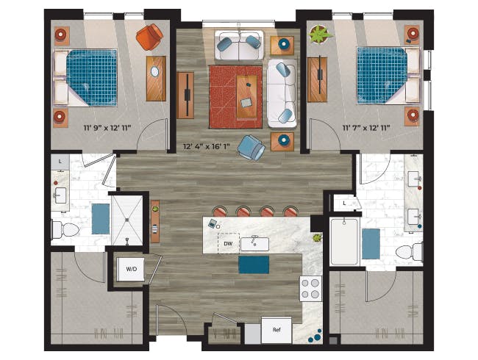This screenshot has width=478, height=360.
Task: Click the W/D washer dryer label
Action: pyautogui.click(x=132, y=269)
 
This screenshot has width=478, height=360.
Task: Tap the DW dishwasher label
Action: pyautogui.click(x=228, y=243)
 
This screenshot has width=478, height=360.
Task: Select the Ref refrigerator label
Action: pyautogui.click(x=277, y=330)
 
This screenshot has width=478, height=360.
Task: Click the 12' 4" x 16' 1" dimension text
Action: pyautogui.click(x=206, y=146)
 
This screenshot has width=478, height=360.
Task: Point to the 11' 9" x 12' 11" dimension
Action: pyautogui.click(x=107, y=128)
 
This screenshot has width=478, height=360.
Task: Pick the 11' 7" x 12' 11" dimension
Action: pyautogui.click(x=366, y=128)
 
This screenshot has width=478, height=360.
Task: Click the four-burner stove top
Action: pyautogui.click(x=310, y=289)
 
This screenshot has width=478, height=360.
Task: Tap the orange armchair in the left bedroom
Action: pyautogui.click(x=149, y=37)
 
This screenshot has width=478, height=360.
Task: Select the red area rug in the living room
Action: pyautogui.click(x=235, y=97)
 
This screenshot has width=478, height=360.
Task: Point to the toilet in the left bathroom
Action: pyautogui.click(x=65, y=230)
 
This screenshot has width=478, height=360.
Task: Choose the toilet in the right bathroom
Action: pyautogui.click(x=409, y=252)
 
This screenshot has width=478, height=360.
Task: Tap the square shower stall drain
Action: pyautogui.click(x=127, y=219)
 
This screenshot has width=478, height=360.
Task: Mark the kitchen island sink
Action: pyautogui.click(x=254, y=244)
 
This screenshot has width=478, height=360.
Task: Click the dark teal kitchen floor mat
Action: pyautogui.click(x=254, y=264)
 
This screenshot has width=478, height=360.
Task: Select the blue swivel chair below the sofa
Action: pyautogui.click(x=252, y=148)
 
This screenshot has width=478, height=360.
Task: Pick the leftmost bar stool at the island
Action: pyautogui.click(x=220, y=212)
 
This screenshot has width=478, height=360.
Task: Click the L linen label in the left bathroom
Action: pyautogui.click(x=60, y=162)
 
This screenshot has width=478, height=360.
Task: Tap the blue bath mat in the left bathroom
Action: pyautogui.click(x=101, y=219)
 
